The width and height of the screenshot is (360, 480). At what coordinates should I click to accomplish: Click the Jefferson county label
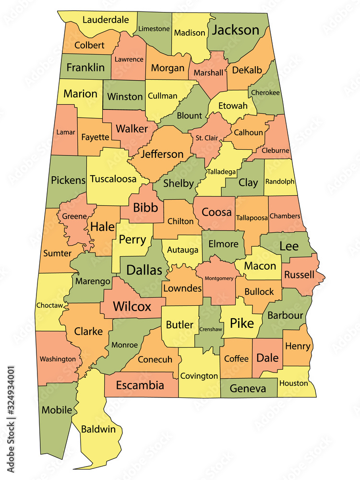tap(162, 154)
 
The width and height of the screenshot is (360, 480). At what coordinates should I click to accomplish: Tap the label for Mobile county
tap(57, 410)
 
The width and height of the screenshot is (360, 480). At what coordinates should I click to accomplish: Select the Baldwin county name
tap(98, 429)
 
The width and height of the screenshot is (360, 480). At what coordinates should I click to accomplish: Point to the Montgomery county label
tap(219, 278)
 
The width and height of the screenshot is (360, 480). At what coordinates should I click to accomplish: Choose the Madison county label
tap(190, 33)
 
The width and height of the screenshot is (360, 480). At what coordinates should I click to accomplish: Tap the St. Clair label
tap(207, 138)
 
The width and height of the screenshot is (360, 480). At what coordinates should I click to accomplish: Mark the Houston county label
tap(293, 383)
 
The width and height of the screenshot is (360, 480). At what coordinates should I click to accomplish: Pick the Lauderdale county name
tap(106, 20)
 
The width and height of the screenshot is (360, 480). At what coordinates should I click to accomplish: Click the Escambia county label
tap(140, 385)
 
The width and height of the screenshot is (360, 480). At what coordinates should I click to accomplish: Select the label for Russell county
tap(299, 275)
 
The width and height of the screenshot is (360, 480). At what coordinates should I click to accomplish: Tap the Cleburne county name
tap(276, 150)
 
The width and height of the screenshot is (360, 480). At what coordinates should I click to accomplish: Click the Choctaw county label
tap(49, 305)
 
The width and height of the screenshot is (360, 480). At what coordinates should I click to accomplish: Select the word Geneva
tap(248, 388)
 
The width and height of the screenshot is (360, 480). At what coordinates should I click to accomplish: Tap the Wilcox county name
tap(132, 306)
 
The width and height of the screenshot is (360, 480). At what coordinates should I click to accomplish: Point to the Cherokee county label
tap(264, 93)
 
